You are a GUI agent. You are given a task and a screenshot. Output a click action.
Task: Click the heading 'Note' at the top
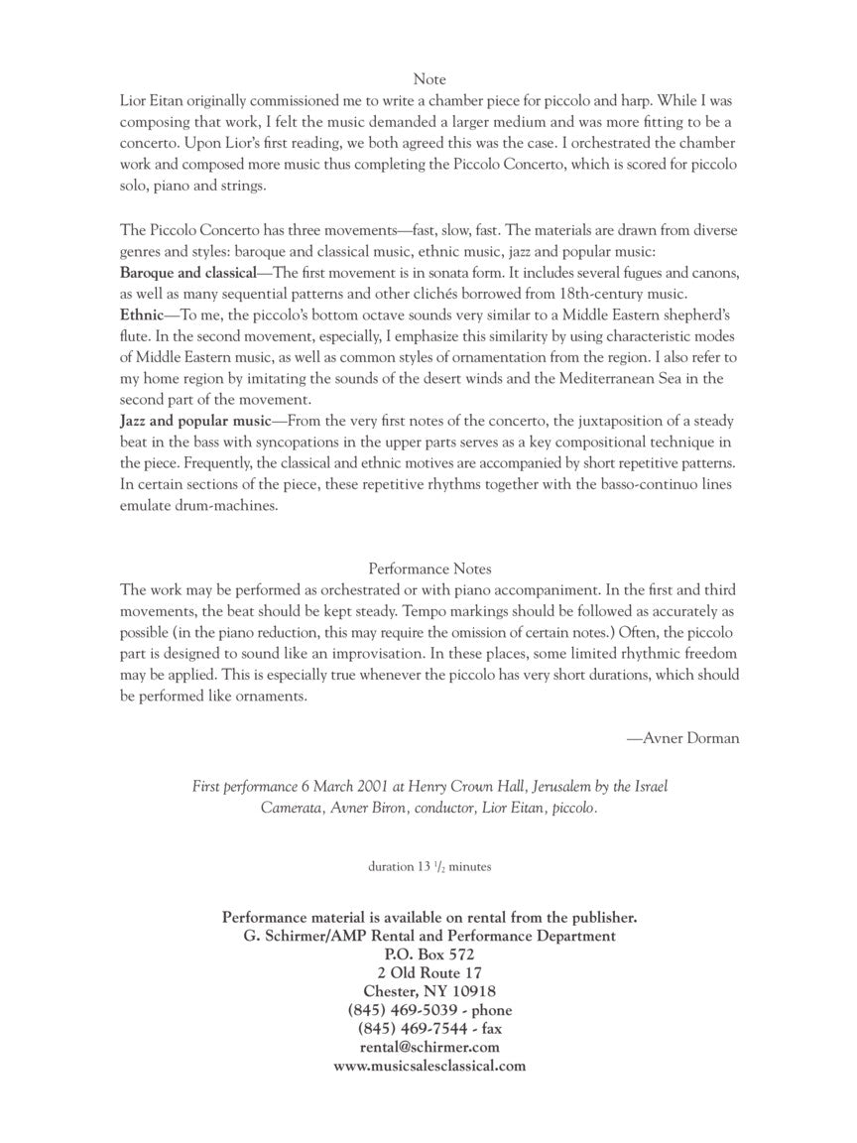pyautogui.click(x=429, y=79)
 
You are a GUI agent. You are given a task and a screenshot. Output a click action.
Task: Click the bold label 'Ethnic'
pyautogui.click(x=141, y=316)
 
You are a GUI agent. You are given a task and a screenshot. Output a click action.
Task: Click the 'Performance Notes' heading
pyautogui.click(x=429, y=569)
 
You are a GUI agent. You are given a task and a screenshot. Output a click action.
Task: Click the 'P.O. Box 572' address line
pyautogui.click(x=429, y=954)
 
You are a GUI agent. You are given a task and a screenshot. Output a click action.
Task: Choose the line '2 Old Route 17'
pyautogui.click(x=429, y=972)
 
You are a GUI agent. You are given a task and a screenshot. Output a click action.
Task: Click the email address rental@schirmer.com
pyautogui.click(x=429, y=1047)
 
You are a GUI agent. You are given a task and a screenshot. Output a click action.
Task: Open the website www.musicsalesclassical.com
pyautogui.click(x=429, y=1066)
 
